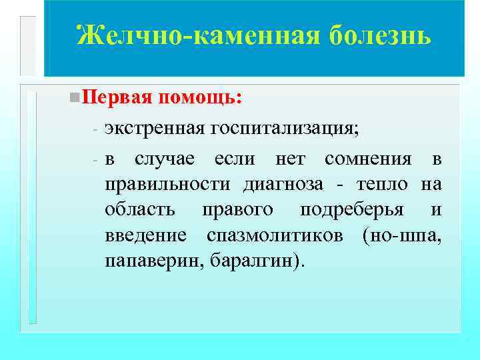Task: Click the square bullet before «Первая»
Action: coord(73,97)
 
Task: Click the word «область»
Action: coord(140,209)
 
